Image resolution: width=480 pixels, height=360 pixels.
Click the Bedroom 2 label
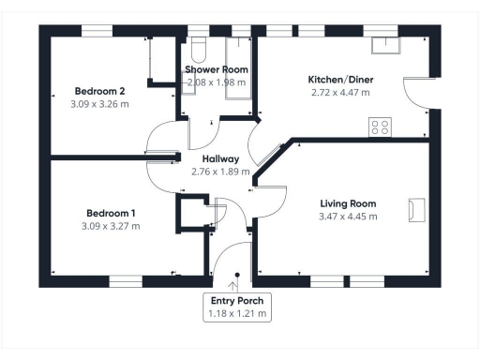(x=100, y=91)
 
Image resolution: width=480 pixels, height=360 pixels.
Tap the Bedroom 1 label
(x=105, y=212)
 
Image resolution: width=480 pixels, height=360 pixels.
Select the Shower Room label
(x=216, y=70)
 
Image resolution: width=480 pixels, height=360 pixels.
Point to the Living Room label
(x=348, y=203)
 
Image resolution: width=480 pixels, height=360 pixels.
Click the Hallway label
(x=220, y=159)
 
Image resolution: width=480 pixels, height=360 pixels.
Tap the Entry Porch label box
(x=238, y=307)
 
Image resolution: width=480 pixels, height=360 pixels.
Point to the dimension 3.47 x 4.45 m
(x=348, y=216)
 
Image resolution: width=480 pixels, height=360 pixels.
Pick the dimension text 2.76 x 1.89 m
(x=220, y=172)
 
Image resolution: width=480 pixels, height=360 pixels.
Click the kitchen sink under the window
(x=384, y=44)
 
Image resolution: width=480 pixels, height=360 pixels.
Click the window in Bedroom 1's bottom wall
(x=125, y=281)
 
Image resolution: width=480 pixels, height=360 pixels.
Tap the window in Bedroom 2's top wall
(x=97, y=30)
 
